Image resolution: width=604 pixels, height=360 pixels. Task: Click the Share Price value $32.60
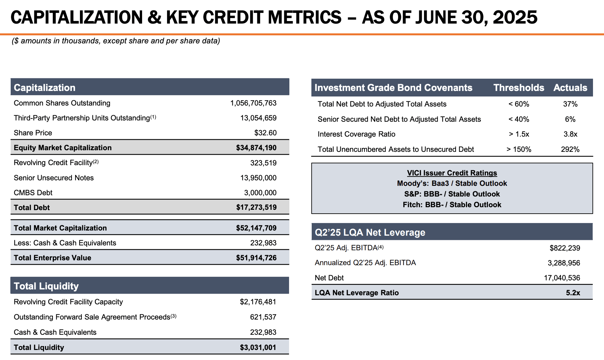tap(265, 133)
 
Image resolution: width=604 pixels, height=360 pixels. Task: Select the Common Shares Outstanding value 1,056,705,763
tap(253, 103)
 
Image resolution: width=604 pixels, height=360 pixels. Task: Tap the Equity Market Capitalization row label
tap(62, 148)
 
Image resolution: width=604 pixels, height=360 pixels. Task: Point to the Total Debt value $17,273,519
tap(256, 208)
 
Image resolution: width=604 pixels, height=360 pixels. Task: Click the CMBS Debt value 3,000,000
tap(260, 193)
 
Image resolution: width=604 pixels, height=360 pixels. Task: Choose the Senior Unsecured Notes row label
tap(54, 178)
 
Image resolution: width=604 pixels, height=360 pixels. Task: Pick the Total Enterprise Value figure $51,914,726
tap(256, 258)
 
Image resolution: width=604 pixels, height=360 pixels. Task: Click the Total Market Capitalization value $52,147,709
tap(256, 228)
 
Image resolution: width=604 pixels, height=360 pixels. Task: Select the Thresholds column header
tap(519, 88)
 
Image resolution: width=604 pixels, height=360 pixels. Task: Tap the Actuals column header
tap(570, 88)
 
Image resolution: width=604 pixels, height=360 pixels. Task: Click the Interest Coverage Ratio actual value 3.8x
tap(570, 134)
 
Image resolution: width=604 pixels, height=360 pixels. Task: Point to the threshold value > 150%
tap(519, 149)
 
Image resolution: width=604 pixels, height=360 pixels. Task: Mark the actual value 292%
tap(570, 149)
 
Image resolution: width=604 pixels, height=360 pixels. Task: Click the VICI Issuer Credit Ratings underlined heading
tap(452, 173)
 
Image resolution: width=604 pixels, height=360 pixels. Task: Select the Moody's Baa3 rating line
tap(452, 183)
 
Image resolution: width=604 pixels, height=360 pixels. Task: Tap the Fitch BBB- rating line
tap(452, 205)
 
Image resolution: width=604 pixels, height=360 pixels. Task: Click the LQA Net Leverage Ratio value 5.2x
tap(573, 293)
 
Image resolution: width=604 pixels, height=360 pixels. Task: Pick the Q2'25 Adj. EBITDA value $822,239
tap(565, 248)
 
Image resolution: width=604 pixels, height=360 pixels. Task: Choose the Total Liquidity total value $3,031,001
tap(258, 347)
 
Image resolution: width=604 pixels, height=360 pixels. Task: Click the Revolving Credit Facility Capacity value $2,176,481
tap(258, 302)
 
